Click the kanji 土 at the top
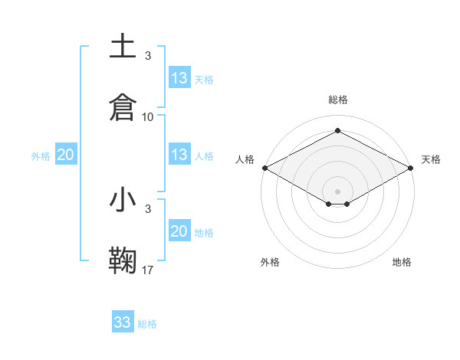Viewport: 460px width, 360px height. tap(123, 47)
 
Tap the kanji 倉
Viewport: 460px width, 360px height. tap(123, 106)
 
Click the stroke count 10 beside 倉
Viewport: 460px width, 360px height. tap(148, 116)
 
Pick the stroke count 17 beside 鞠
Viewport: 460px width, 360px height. tap(148, 270)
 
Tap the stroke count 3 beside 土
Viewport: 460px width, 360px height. tap(148, 55)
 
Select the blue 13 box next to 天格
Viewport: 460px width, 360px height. tap(179, 78)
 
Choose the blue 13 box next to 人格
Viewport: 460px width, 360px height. tap(179, 155)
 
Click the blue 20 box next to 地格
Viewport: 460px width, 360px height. tap(179, 231)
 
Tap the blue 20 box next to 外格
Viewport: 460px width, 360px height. tap(65, 155)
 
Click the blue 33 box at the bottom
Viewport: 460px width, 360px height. tap(123, 322)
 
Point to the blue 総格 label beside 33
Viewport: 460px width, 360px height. tap(148, 324)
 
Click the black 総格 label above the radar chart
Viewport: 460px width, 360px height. tap(337, 100)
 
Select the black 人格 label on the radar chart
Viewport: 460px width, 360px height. tap(245, 159)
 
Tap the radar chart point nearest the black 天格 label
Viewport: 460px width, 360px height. tap(411, 168)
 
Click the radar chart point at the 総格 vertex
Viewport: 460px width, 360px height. tap(337, 131)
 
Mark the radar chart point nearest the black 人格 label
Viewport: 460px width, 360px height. tap(264, 168)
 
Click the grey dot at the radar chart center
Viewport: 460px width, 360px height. tap(337, 190)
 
